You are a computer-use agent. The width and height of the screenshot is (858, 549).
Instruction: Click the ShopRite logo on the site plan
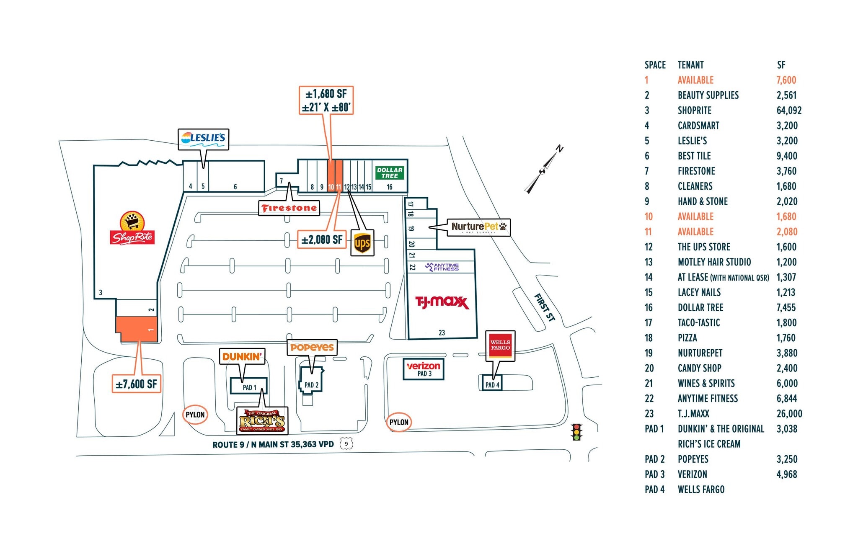(132, 228)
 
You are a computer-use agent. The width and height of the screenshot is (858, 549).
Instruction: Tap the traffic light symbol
(577, 432)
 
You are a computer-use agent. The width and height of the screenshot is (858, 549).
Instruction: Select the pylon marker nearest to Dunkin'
(195, 415)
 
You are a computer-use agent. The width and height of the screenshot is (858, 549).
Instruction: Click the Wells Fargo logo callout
(500, 345)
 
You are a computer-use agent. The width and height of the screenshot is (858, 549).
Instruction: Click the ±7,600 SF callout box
(137, 384)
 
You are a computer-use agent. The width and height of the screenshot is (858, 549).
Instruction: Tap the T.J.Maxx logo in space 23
(442, 302)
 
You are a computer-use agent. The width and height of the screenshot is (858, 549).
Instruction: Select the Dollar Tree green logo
(390, 173)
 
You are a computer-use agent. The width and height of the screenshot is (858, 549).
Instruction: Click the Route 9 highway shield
(346, 443)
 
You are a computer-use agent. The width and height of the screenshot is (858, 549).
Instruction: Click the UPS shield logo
(362, 242)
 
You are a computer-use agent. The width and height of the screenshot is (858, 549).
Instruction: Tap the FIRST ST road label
(545, 307)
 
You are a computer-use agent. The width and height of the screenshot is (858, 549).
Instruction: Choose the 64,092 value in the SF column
(789, 111)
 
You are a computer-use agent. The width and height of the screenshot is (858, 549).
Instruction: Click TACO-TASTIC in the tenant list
(699, 323)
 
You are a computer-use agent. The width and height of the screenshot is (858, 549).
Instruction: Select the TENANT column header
(690, 65)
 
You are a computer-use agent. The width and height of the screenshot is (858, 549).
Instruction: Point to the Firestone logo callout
(289, 208)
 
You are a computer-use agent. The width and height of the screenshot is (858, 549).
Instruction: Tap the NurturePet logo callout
(478, 227)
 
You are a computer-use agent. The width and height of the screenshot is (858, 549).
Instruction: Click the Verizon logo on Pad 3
(423, 366)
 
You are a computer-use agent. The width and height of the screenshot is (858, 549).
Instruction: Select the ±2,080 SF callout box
(322, 240)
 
